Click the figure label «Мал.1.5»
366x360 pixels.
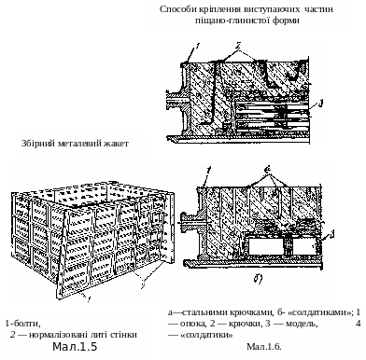point(75,347)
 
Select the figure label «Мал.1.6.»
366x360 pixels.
point(264,346)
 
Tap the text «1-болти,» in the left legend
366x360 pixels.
point(23,324)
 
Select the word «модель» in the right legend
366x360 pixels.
point(302,324)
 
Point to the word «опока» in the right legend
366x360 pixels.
point(193,324)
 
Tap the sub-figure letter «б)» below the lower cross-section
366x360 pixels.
point(258,279)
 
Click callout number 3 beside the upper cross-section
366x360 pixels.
point(321,104)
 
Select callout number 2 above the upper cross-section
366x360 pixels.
point(238,46)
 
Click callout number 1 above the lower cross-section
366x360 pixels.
point(209,171)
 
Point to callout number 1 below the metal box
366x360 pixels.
point(90,299)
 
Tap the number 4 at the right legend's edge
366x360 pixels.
point(358,324)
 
